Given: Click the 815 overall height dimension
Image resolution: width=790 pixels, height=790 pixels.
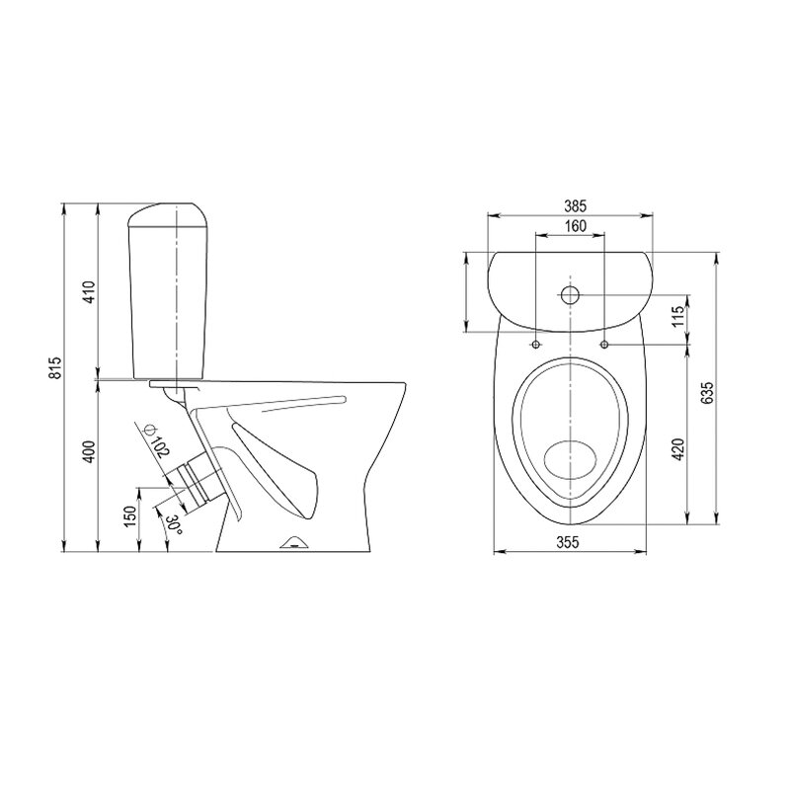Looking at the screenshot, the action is point(56,367).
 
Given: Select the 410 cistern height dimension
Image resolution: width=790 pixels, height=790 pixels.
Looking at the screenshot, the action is point(89,291).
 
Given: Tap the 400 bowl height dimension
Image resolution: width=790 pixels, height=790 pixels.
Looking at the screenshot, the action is point(89,452).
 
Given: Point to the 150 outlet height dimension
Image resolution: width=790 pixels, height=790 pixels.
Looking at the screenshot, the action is point(130,516).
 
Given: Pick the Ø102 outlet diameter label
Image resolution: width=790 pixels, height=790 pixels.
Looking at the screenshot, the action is point(156,441).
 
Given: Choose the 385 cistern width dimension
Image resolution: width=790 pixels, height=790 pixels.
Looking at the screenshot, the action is point(575,206).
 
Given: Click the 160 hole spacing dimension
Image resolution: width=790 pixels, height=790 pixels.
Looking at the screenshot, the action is point(575,226).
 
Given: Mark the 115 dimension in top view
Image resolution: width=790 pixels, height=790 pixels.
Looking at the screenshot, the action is point(678,316).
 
